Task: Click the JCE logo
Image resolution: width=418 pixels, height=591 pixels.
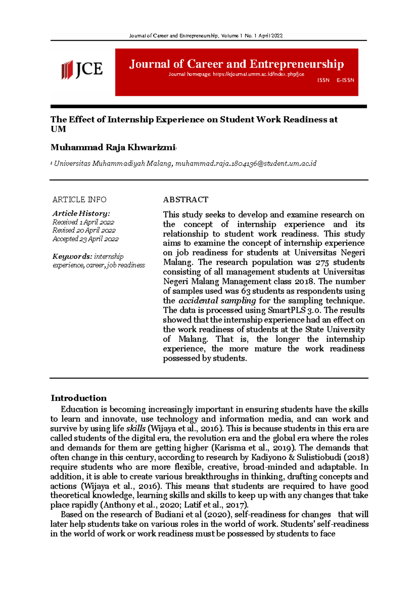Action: point(82,69)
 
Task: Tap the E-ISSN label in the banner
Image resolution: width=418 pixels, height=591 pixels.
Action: point(345,80)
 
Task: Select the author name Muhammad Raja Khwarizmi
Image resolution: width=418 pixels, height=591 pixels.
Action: point(113,147)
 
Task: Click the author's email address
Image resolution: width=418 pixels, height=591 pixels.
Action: point(246,163)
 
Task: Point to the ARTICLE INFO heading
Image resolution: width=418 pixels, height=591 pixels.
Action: point(79,200)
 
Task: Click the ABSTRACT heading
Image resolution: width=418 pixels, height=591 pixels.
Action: point(185,200)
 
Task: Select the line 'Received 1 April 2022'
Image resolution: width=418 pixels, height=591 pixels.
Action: point(83,222)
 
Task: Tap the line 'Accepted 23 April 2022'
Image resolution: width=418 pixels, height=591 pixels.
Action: point(85,239)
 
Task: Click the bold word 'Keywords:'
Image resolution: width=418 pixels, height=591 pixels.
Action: point(72,256)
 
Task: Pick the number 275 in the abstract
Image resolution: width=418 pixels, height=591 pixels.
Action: point(322,262)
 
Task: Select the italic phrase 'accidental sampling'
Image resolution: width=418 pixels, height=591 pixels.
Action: point(217,301)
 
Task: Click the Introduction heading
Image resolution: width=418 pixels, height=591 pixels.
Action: point(78,398)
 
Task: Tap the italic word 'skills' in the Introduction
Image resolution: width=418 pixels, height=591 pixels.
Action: point(136,429)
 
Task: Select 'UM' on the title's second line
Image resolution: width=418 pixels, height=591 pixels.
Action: point(58,129)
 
